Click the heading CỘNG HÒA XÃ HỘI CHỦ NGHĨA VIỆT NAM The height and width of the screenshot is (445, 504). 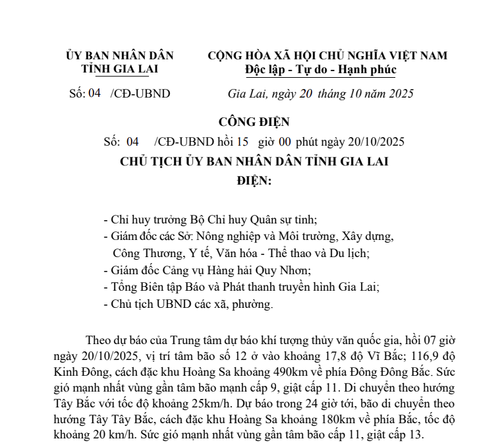[327, 55]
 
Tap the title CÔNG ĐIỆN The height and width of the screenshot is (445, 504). [254, 123]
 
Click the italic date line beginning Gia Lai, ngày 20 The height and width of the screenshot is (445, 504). [320, 94]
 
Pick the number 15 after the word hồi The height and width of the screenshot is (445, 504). [242, 142]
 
